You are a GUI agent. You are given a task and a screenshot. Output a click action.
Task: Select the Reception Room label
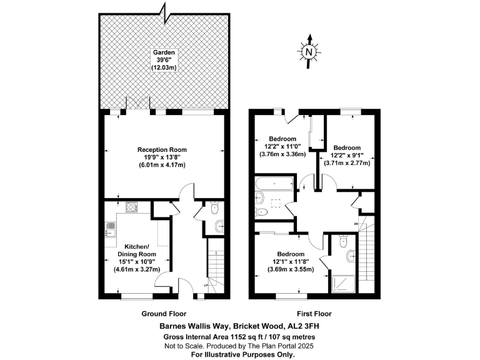tap(162, 150)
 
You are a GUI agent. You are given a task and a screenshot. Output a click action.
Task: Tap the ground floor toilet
tap(214, 209)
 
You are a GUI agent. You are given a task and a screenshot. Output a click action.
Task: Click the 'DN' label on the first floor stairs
tap(357, 223)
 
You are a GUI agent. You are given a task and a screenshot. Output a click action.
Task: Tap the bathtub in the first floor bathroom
tap(274, 184)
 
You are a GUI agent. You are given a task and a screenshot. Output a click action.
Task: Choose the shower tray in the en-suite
tap(342, 284)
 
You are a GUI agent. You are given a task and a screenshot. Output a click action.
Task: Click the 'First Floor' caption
tap(314, 314)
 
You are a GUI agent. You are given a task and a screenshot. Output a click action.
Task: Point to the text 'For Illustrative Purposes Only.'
tap(241, 354)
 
